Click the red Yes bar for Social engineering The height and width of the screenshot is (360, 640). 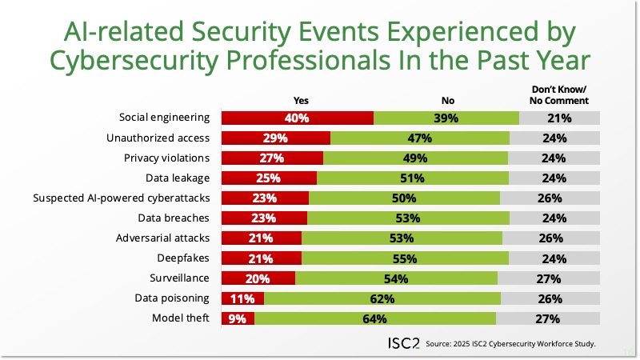tap(297, 118)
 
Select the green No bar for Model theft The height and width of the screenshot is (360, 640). tap(375, 318)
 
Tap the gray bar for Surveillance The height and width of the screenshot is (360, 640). tap(548, 278)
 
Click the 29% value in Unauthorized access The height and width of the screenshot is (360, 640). tap(274, 138)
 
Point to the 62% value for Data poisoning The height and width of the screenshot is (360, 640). tap(382, 298)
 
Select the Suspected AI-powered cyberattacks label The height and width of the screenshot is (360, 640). tap(121, 198)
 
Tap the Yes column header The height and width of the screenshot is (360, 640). tap(301, 101)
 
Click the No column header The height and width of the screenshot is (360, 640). tap(447, 101)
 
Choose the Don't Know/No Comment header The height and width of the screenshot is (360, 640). tap(559, 95)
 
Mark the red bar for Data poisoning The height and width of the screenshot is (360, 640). tap(242, 298)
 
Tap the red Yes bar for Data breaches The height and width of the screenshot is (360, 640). tap(264, 218)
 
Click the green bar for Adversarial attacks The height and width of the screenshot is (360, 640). tap(402, 238)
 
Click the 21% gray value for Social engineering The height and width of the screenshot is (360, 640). tap(558, 118)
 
